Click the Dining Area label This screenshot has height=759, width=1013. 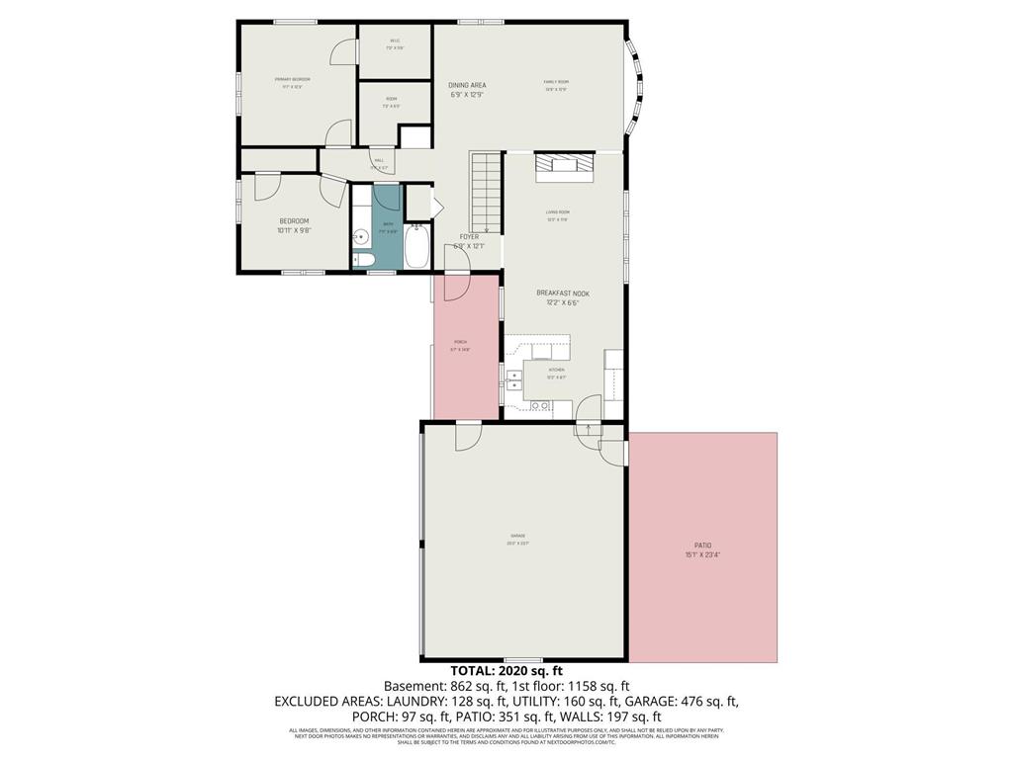468,86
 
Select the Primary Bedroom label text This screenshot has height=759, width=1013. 293,79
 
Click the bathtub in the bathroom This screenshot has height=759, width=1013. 416,245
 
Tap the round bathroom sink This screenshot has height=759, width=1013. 361,238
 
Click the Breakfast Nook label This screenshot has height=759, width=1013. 563,294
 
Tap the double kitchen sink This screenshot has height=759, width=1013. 514,379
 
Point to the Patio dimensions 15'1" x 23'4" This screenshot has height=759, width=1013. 702,554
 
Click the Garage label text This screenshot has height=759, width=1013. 517,537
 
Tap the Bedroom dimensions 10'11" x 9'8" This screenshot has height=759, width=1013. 294,230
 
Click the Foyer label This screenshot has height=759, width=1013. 469,237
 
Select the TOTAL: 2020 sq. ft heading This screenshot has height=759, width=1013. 506,670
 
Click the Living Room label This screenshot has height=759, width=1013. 558,211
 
